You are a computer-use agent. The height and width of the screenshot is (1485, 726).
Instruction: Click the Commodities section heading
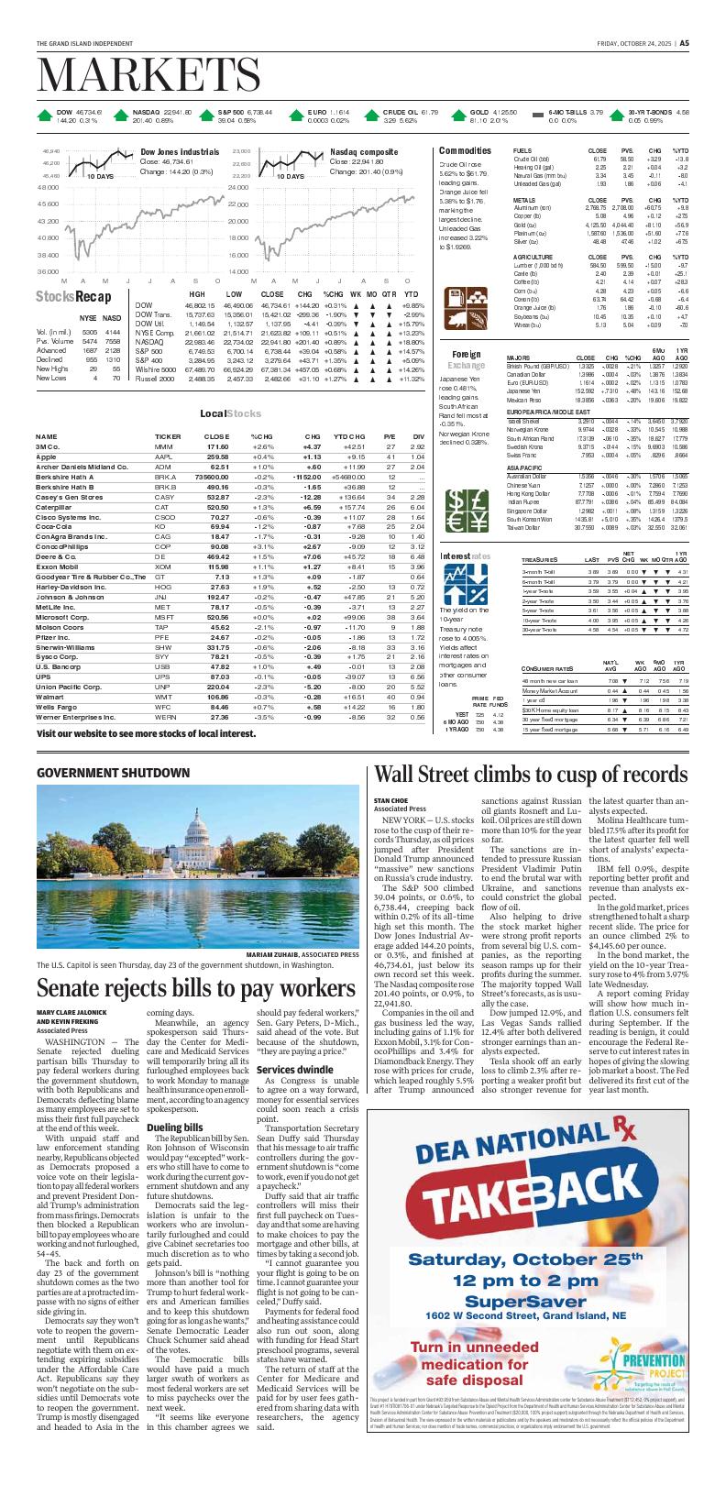pos(466,149)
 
